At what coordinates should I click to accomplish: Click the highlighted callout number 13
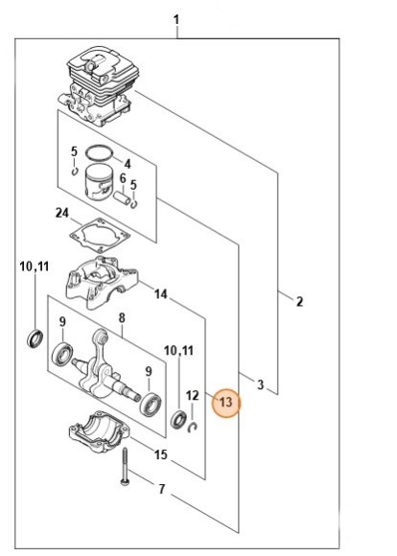click(x=226, y=404)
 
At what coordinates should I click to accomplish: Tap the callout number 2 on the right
click(x=299, y=302)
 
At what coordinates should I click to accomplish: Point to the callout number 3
click(x=261, y=384)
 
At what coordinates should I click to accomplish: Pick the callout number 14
click(x=161, y=294)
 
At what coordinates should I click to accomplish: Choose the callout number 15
click(x=161, y=453)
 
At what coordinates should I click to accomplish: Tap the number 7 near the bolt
click(x=122, y=318)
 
